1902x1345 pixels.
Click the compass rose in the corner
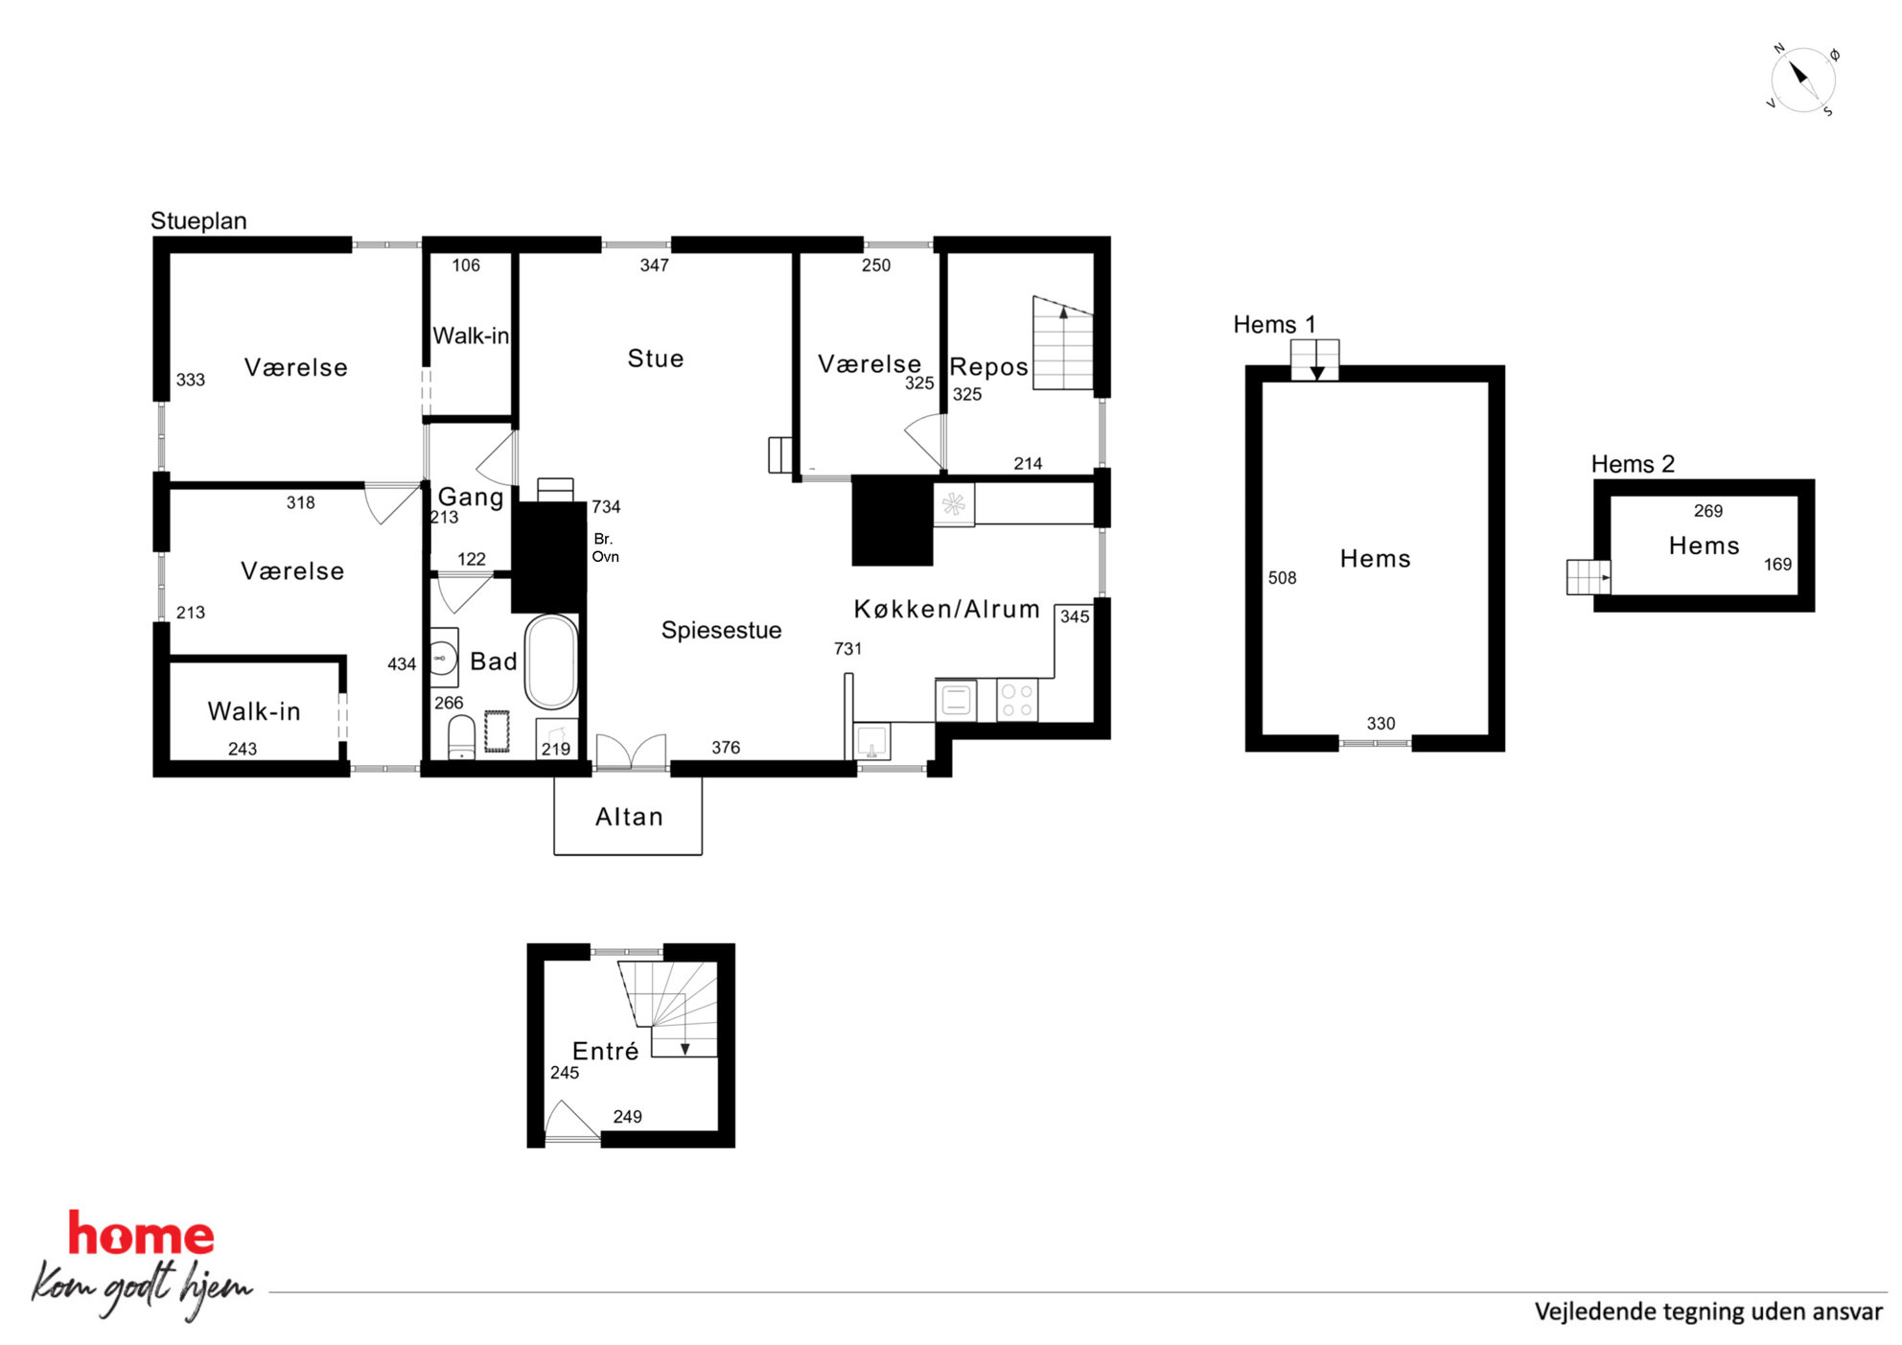[1802, 80]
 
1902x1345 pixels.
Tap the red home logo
[141, 1234]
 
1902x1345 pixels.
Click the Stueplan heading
[198, 221]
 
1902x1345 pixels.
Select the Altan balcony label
[629, 817]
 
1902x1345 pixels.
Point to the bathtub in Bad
[551, 661]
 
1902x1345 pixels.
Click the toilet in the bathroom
[462, 736]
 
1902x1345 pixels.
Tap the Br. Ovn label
[605, 547]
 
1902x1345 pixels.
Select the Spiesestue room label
[721, 630]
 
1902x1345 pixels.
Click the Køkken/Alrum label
[946, 609]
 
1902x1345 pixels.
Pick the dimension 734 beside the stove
[606, 506]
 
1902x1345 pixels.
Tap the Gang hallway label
[471, 497]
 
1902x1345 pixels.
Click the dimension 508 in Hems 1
[1282, 578]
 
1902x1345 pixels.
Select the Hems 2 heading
[1633, 464]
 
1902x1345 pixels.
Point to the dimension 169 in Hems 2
[1777, 565]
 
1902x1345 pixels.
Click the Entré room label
[605, 1051]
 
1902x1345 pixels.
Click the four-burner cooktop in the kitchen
[1017, 699]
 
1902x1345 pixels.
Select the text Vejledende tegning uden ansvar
[1708, 1311]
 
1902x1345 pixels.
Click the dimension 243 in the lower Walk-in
[243, 749]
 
